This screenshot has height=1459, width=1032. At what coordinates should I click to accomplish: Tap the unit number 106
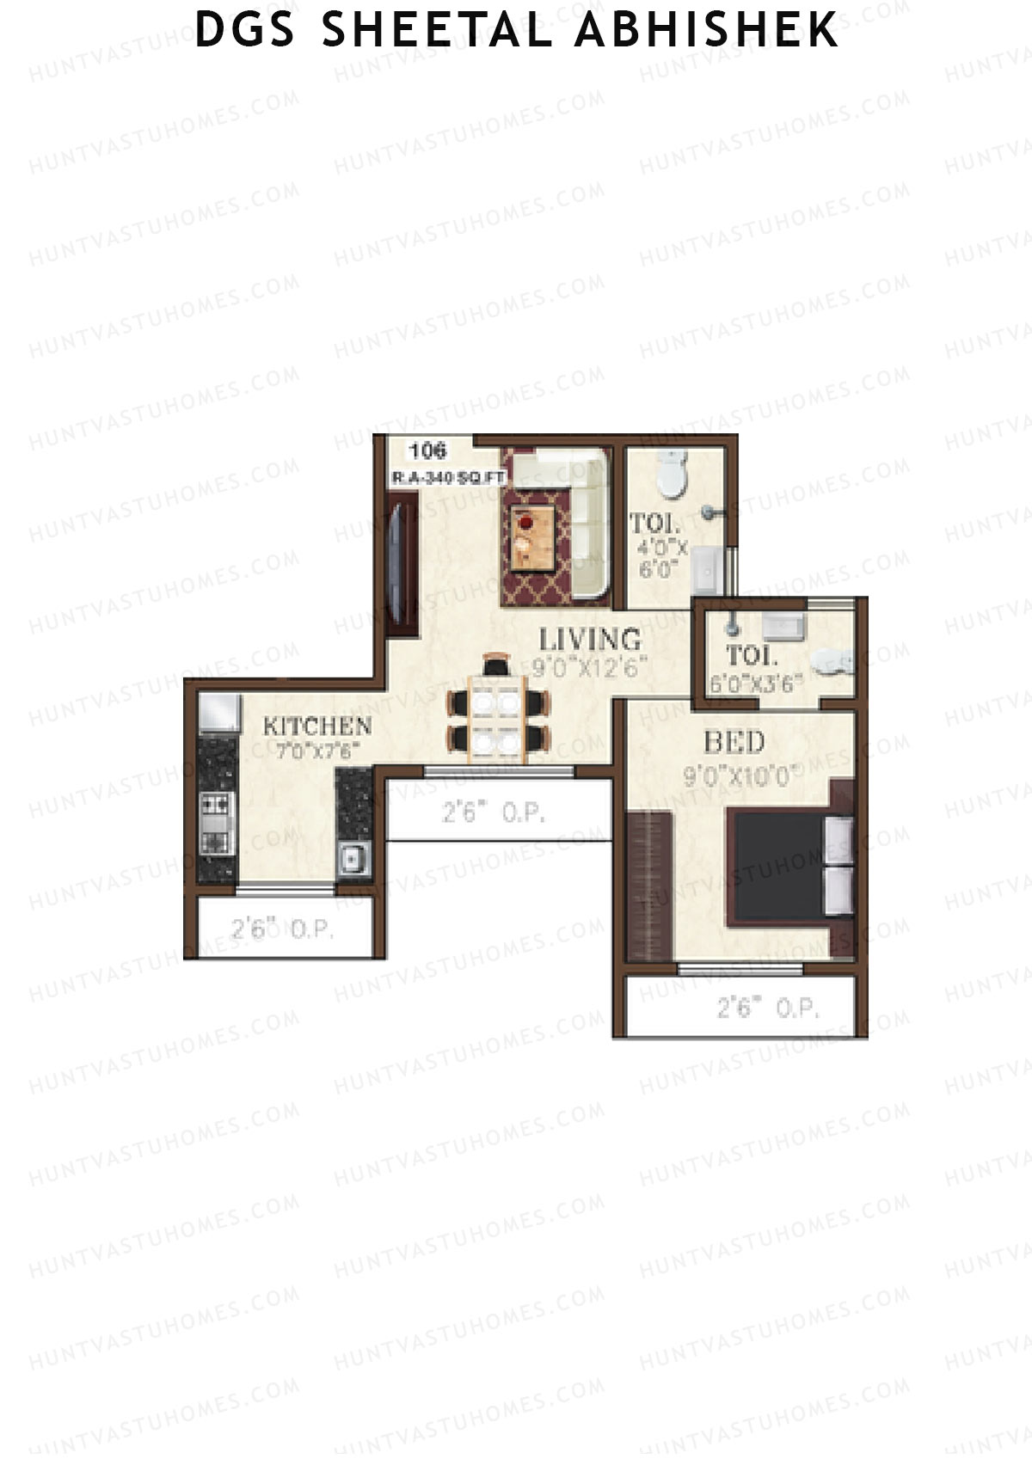[x=427, y=451]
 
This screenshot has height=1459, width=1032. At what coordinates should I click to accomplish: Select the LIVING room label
[x=590, y=640]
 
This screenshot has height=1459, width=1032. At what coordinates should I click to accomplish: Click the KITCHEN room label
[x=317, y=726]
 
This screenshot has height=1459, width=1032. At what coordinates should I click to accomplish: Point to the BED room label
[x=734, y=742]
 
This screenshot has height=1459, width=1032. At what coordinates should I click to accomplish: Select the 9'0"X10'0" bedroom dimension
[x=737, y=776]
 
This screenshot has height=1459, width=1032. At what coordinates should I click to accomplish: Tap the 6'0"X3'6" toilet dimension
[x=756, y=684]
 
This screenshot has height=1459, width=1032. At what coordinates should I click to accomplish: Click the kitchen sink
[x=352, y=858]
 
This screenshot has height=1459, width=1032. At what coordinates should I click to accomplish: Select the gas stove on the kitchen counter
[x=216, y=823]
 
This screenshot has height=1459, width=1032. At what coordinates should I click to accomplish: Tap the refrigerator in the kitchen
[x=218, y=713]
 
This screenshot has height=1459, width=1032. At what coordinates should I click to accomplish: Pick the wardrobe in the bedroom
[x=649, y=886]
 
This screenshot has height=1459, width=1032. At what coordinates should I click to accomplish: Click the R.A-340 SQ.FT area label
[x=448, y=478]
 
